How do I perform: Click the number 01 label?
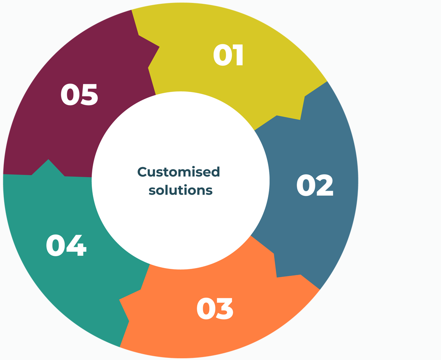[228, 55]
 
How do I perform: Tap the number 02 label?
[315, 185]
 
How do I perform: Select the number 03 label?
[215, 309]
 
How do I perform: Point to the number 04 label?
[66, 245]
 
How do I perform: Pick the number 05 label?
[79, 95]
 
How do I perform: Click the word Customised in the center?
[179, 172]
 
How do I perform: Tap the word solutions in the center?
[180, 190]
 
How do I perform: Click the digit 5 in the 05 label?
[89, 95]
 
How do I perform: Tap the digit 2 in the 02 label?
[324, 185]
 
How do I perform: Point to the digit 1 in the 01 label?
[239, 55]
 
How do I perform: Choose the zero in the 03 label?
[205, 309]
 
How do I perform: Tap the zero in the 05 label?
[70, 95]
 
